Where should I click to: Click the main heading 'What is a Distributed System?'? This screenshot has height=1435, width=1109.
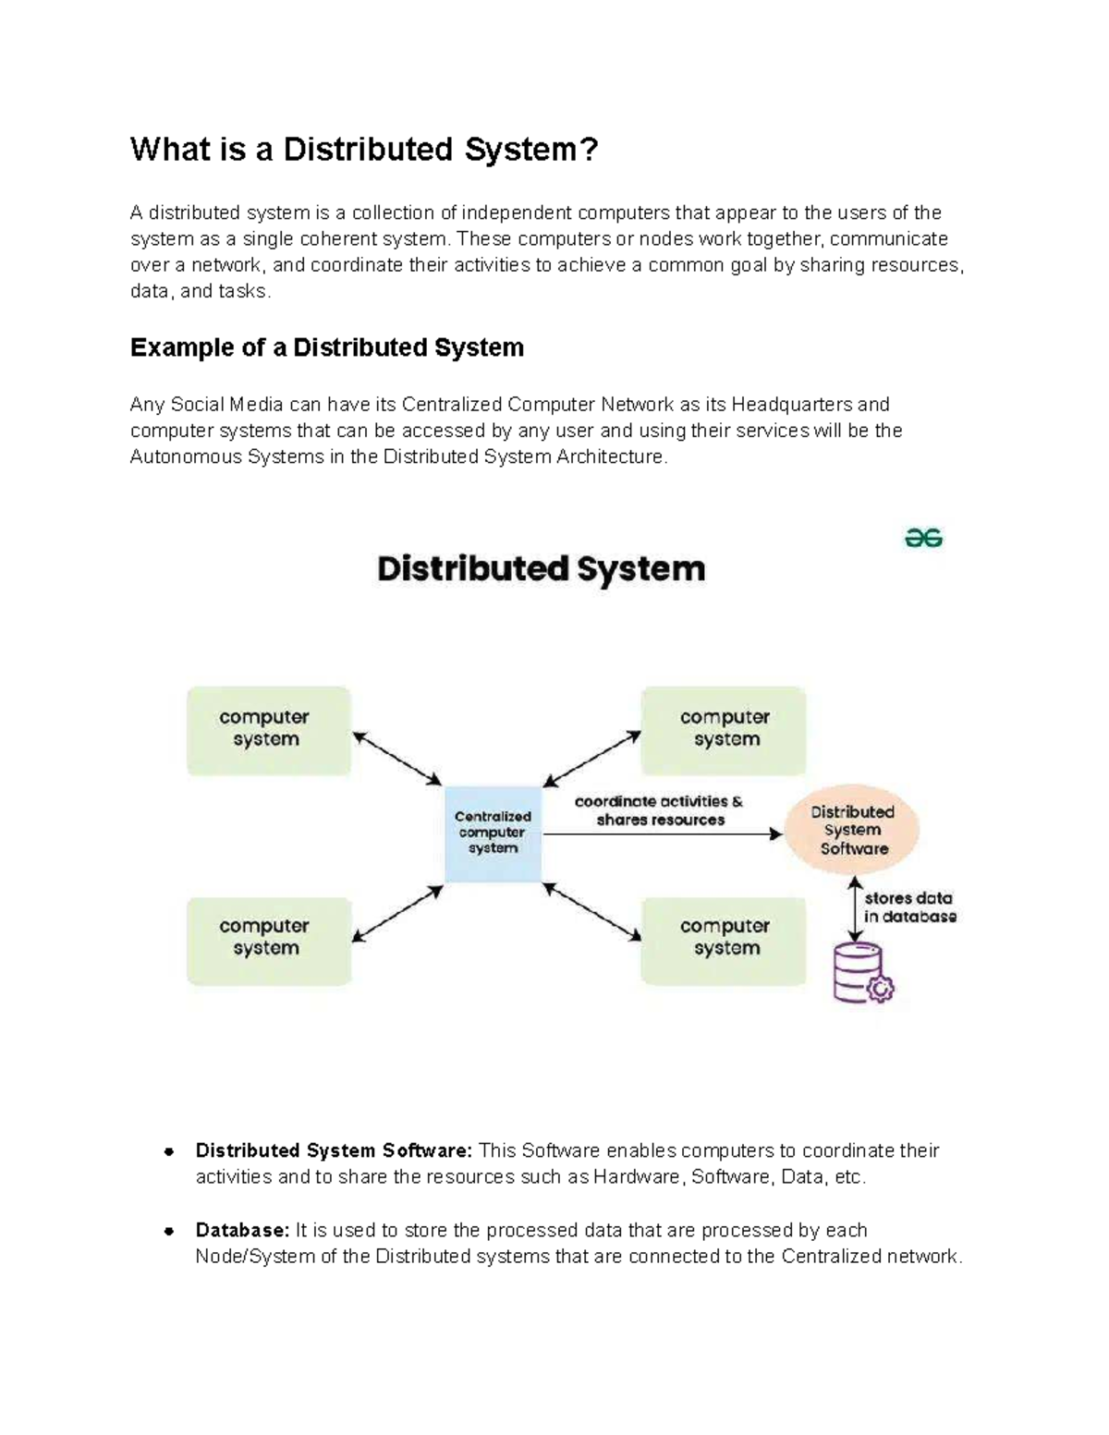tap(364, 150)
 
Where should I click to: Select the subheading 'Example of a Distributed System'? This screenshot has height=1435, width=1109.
tap(327, 347)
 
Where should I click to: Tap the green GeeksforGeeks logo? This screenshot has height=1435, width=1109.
tap(923, 539)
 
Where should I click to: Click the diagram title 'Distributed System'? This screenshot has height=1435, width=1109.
tap(541, 568)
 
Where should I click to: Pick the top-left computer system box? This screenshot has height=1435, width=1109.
tap(268, 729)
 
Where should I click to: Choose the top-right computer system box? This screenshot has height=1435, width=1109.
tap(724, 729)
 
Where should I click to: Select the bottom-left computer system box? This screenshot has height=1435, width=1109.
tap(268, 939)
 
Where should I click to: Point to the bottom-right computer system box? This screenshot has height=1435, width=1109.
tap(724, 939)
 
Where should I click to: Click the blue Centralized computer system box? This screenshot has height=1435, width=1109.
tap(493, 833)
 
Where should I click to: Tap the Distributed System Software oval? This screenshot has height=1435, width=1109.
tap(852, 830)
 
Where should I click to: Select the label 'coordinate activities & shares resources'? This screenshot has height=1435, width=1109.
tap(659, 810)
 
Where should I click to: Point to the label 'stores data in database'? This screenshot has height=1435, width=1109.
tap(909, 907)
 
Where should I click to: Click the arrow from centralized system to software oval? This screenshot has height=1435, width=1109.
tap(661, 834)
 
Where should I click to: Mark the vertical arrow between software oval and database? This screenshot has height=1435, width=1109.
tap(856, 910)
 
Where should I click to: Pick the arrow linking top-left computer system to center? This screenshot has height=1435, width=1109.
tap(397, 759)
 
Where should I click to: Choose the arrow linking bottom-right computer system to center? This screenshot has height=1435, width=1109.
tap(591, 912)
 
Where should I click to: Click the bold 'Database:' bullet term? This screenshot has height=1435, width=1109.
tap(242, 1230)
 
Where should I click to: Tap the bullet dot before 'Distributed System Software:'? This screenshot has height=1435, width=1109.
tap(169, 1151)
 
